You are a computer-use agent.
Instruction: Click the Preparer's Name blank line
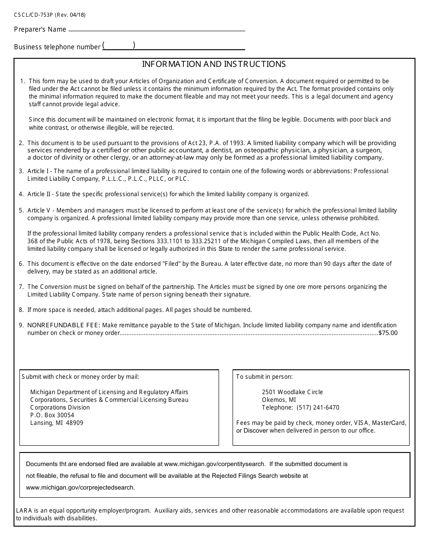pyautogui.click(x=156, y=30)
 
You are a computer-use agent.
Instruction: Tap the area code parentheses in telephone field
pyautogui.click(x=119, y=45)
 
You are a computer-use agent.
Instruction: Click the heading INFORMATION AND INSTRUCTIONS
pyautogui.click(x=214, y=64)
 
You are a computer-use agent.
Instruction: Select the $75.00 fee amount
pyautogui.click(x=388, y=333)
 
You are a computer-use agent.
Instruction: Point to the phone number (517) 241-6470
pyautogui.click(x=318, y=407)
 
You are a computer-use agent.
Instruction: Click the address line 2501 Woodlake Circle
pyautogui.click(x=292, y=392)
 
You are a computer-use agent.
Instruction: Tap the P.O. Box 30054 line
pyautogui.click(x=52, y=415)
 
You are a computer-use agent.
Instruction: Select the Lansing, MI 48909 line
pyautogui.click(x=56, y=423)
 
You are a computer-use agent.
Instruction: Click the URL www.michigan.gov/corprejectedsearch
pyautogui.click(x=80, y=487)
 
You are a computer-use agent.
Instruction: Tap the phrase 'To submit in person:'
pyautogui.click(x=264, y=377)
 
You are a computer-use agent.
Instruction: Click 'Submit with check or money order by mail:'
pyautogui.click(x=80, y=377)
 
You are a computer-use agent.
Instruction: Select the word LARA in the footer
pyautogui.click(x=24, y=510)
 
